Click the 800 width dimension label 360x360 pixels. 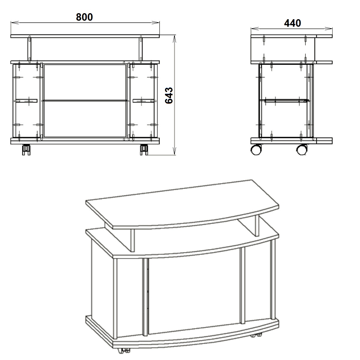tap(84, 17)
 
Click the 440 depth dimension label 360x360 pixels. tap(292, 23)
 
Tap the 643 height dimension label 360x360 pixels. tap(169, 95)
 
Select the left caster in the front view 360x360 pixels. tap(26, 150)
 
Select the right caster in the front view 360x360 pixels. tap(144, 150)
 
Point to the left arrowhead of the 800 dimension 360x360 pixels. tap(15, 22)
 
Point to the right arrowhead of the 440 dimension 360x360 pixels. tap(328, 28)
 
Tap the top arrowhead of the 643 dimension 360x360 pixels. tap(175, 39)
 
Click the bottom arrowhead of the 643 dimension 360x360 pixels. tap(175, 151)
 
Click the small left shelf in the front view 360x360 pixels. tap(26, 101)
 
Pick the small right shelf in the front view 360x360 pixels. tap(144, 101)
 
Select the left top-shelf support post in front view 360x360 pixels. tap(29, 49)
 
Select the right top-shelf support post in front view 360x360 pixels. tap(141, 49)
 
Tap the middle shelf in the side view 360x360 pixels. tap(284, 101)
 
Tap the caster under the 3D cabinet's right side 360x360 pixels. tap(256, 335)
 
